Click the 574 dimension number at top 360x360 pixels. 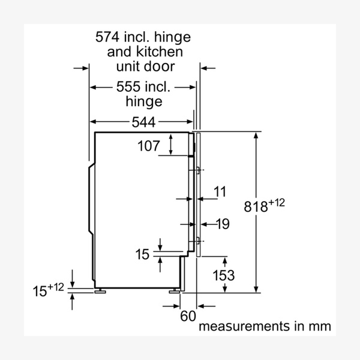[x=109, y=37]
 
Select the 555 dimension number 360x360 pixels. [x=127, y=88]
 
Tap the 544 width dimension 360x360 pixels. [x=143, y=122]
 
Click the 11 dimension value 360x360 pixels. [x=220, y=192]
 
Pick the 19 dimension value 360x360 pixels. [x=222, y=224]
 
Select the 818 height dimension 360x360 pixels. [x=257, y=207]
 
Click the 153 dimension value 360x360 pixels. [x=223, y=275]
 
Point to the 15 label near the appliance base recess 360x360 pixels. [x=142, y=254]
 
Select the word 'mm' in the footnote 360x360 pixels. [x=321, y=327]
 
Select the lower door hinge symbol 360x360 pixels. [x=196, y=241]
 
